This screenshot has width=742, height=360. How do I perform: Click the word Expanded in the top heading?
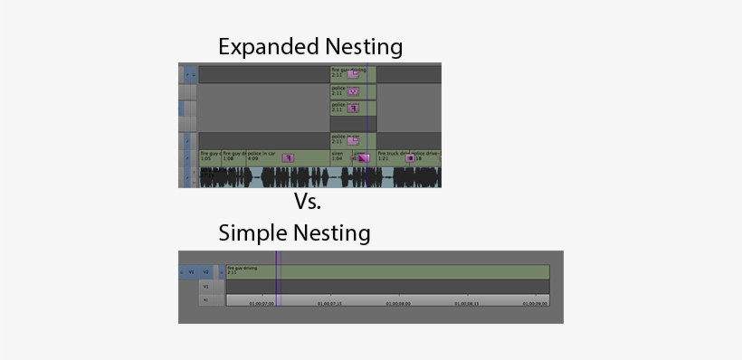pos(262,47)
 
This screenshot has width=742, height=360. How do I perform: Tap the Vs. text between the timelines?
pos(308,201)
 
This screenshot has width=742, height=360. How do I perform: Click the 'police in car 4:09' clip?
pos(267,157)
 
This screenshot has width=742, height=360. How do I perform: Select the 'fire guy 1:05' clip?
pos(209,157)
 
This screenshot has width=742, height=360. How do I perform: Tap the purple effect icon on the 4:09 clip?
pos(288,158)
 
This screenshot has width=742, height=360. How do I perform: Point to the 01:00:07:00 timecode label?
pos(262,304)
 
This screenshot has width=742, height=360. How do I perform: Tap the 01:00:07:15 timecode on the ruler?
pos(330,304)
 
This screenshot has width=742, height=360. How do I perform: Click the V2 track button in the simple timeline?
pos(206,271)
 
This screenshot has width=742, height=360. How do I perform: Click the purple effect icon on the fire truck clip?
pos(409,158)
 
